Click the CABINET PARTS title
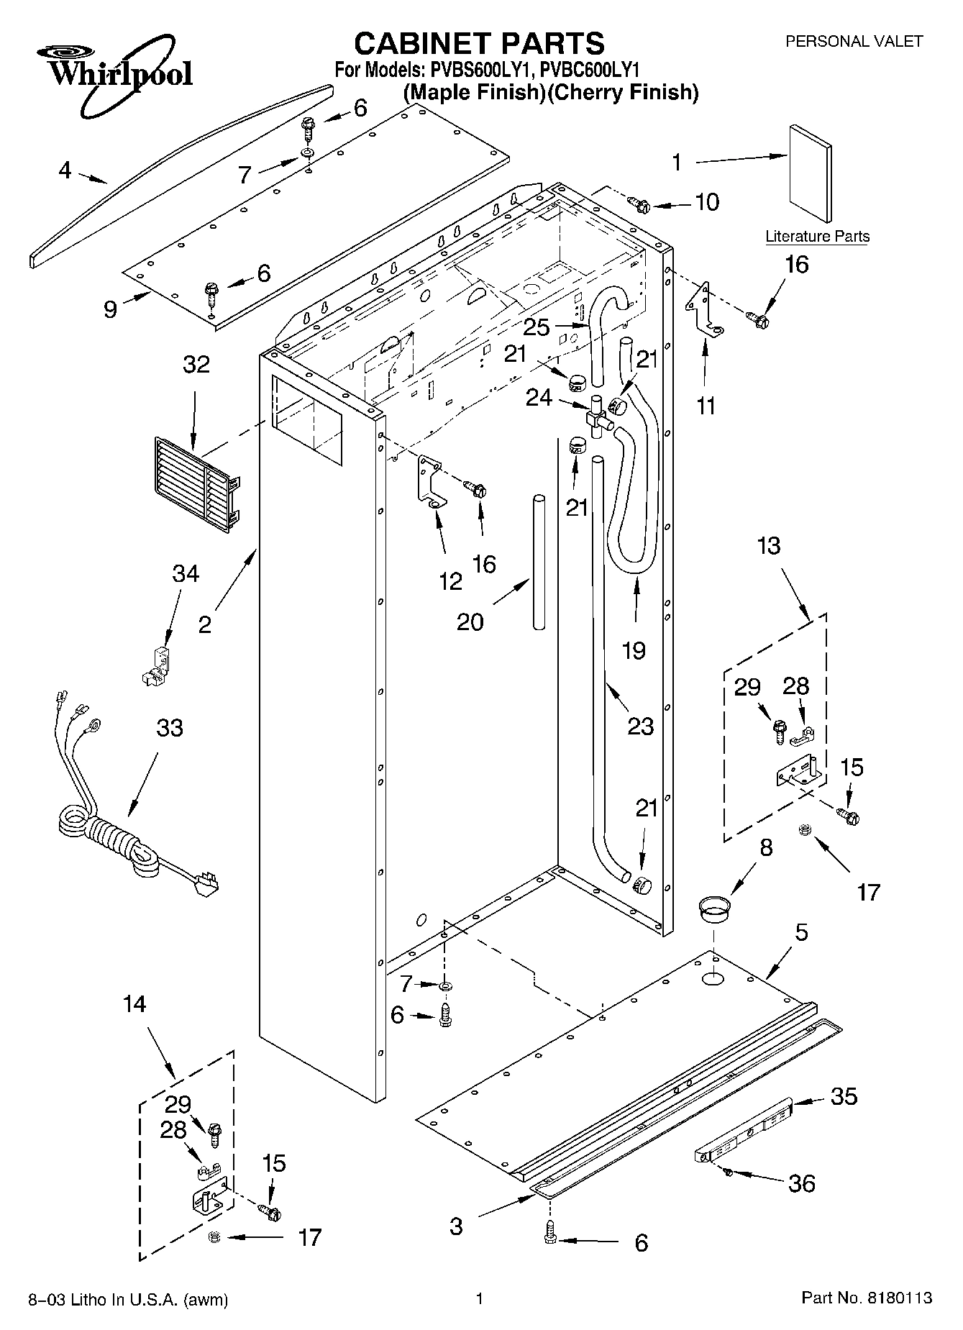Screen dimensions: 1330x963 (x=480, y=43)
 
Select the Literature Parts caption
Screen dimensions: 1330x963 (x=817, y=237)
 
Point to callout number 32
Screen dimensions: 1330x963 (x=196, y=364)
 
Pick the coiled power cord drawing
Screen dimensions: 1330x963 (x=122, y=829)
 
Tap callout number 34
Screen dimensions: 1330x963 (x=186, y=574)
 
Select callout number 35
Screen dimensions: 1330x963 (x=844, y=1096)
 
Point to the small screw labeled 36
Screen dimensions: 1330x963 (x=729, y=1172)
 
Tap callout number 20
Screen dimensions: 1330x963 (x=470, y=621)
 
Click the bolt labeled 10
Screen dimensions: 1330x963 (x=639, y=204)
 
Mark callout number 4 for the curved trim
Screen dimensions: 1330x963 (x=65, y=170)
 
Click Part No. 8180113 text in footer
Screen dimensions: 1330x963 (x=867, y=1298)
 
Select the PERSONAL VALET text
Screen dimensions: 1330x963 (x=853, y=42)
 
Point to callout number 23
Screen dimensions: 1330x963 (x=640, y=726)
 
